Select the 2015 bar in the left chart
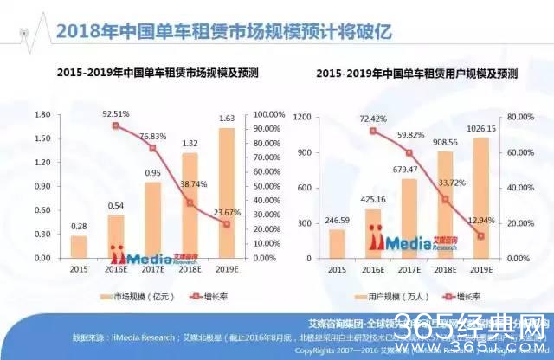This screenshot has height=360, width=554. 79,247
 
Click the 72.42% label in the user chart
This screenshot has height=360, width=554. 373,118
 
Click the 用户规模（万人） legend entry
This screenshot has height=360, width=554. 395,298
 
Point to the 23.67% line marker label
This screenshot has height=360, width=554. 227,212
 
